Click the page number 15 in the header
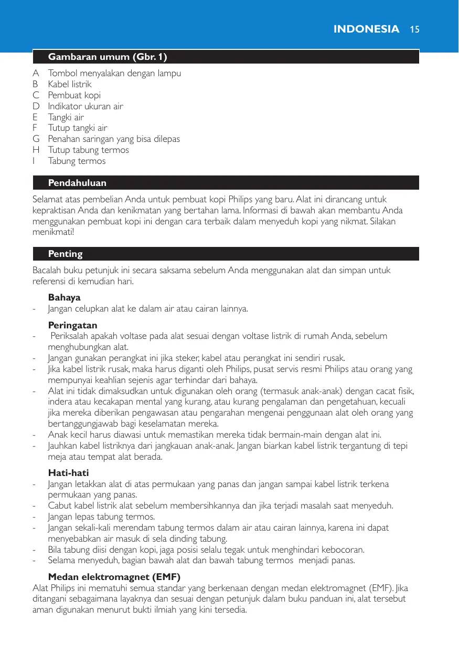click(x=414, y=29)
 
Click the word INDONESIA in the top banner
click(x=366, y=29)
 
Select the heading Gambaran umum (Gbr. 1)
click(x=108, y=56)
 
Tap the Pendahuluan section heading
click(x=77, y=183)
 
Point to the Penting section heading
click(x=66, y=254)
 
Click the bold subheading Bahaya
click(x=64, y=297)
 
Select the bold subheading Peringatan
click(x=72, y=325)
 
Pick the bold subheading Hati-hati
click(x=68, y=473)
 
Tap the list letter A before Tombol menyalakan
click(x=36, y=73)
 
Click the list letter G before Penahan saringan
click(x=36, y=139)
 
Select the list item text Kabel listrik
click(x=70, y=84)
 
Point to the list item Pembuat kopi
click(x=74, y=95)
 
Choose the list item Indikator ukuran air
click(x=86, y=106)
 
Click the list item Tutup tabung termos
click(x=88, y=150)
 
